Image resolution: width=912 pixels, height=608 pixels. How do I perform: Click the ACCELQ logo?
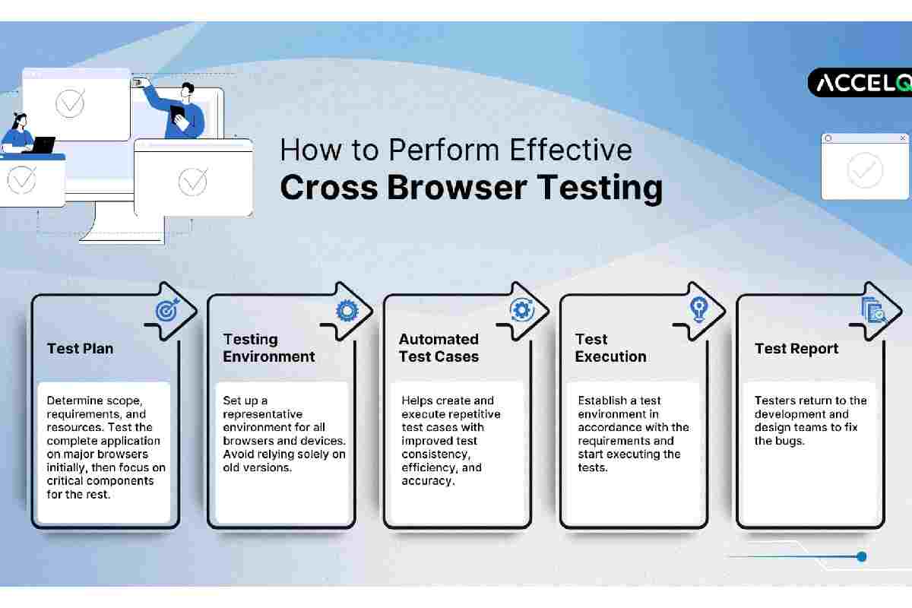860,83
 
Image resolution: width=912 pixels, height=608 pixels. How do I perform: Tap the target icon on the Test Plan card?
167,310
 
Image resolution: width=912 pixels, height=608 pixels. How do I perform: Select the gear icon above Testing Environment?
347,311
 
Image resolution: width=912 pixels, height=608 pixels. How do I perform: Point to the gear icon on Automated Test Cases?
522,310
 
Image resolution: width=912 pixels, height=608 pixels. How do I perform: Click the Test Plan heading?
81,349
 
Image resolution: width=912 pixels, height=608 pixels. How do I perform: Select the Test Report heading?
796,349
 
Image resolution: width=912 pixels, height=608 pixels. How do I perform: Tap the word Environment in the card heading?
269,356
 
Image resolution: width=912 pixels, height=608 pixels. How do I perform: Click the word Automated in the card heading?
439,339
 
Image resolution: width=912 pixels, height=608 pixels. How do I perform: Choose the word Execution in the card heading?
610,356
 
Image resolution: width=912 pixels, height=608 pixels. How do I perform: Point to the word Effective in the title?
571,150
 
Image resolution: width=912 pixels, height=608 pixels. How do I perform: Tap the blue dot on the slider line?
861,556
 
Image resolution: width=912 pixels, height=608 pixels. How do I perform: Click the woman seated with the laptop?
18,134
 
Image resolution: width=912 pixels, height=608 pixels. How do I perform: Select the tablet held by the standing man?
179,117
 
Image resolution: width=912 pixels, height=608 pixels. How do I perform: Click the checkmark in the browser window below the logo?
864,170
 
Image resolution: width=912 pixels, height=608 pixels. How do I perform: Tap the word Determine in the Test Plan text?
74,401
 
